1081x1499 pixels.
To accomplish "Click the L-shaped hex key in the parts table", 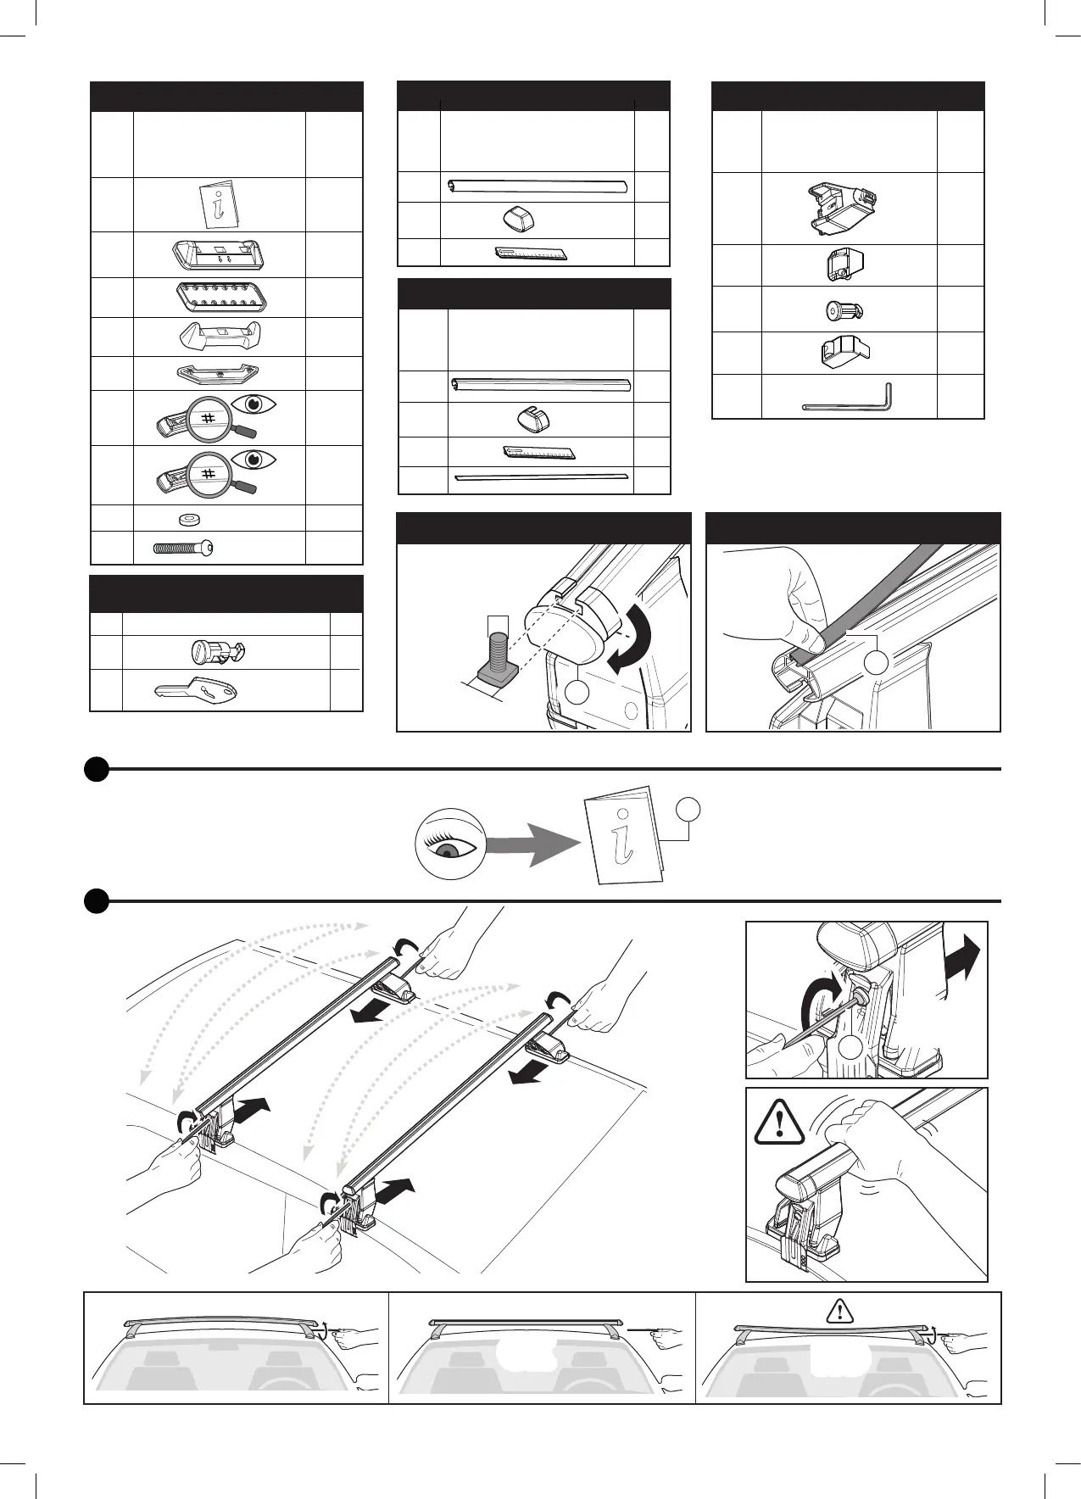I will point(848,400).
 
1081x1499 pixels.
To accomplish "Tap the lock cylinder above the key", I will point(215,652).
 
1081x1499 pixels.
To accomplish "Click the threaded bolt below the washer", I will point(183,548).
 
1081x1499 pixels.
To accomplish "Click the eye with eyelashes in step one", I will point(449,841).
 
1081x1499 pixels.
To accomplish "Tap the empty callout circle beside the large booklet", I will point(689,811).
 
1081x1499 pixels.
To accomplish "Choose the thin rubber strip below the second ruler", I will point(541,478).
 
